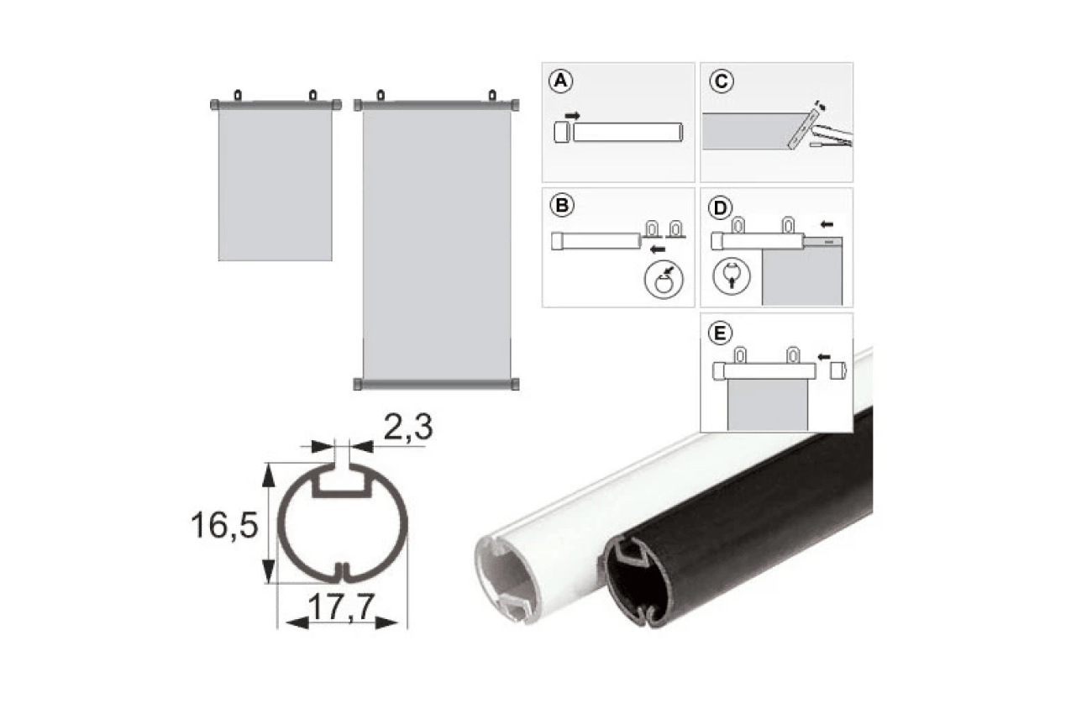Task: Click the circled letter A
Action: point(560,81)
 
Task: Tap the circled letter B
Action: point(562,205)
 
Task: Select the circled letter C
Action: point(721,81)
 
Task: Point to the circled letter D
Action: point(720,207)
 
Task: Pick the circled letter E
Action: point(720,333)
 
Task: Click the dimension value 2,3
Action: point(408,427)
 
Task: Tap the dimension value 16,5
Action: point(224,525)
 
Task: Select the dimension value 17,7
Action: point(341,607)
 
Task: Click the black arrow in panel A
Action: point(572,116)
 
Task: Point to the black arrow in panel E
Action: point(824,357)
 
